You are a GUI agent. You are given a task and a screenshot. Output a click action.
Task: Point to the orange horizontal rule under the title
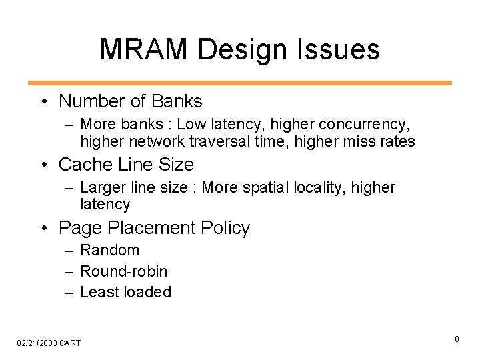[x=240, y=83]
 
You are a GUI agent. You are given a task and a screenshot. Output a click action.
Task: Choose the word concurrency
[x=365, y=124]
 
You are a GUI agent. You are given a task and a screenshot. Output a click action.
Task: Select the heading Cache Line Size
[x=126, y=164]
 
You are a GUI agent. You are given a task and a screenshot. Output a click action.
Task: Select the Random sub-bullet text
[x=109, y=250]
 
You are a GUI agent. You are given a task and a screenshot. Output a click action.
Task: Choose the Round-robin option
[x=123, y=271]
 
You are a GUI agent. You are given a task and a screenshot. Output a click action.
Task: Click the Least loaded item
[x=125, y=291]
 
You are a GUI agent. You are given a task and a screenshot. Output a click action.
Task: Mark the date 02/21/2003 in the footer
[x=36, y=343]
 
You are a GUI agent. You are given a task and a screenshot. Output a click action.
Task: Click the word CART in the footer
[x=70, y=343]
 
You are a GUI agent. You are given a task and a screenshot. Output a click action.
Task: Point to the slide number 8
[x=457, y=339]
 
